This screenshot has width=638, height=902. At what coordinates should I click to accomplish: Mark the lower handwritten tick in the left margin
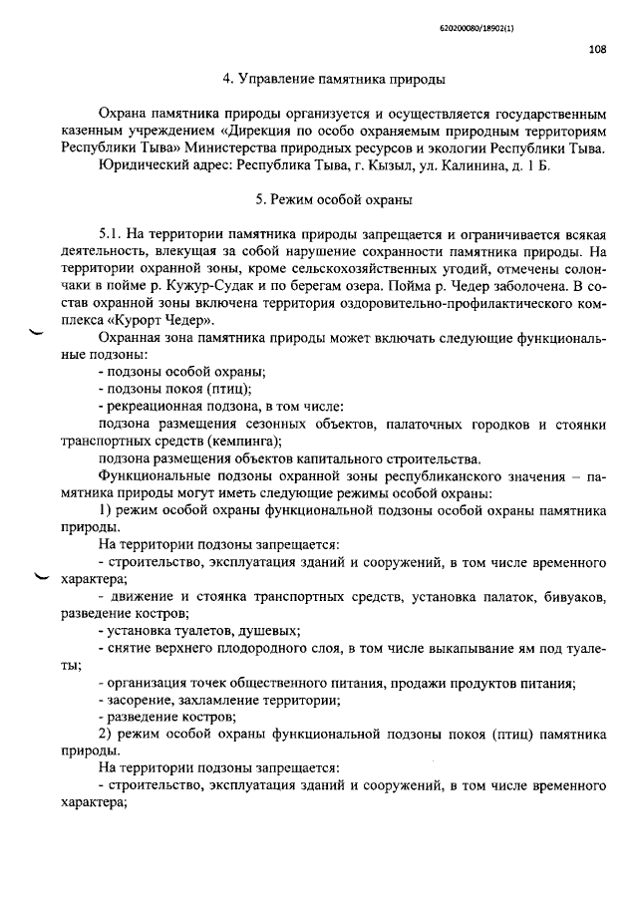point(42,577)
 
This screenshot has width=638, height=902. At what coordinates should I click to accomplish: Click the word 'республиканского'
point(444,475)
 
